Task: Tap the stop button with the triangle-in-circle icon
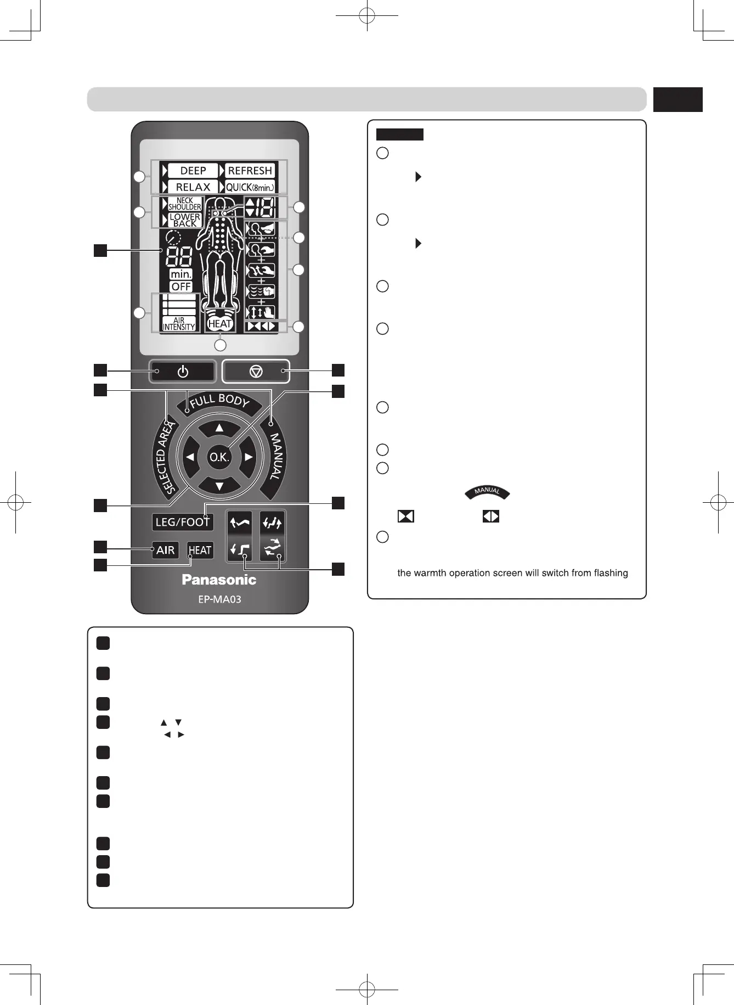pyautogui.click(x=256, y=372)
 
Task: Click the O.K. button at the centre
pyautogui.click(x=219, y=457)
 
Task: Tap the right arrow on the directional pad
pyautogui.click(x=249, y=457)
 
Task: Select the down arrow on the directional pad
pyautogui.click(x=219, y=486)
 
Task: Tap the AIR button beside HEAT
pyautogui.click(x=165, y=550)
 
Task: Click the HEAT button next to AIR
pyautogui.click(x=200, y=550)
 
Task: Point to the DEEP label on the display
pyautogui.click(x=193, y=171)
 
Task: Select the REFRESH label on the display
pyautogui.click(x=250, y=171)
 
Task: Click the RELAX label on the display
pyautogui.click(x=193, y=187)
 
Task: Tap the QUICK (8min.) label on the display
pyautogui.click(x=250, y=187)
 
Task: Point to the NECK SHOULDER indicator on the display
pyautogui.click(x=185, y=204)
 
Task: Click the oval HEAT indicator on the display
pyautogui.click(x=220, y=324)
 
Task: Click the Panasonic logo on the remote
pyautogui.click(x=219, y=580)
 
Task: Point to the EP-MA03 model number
pyautogui.click(x=219, y=599)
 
